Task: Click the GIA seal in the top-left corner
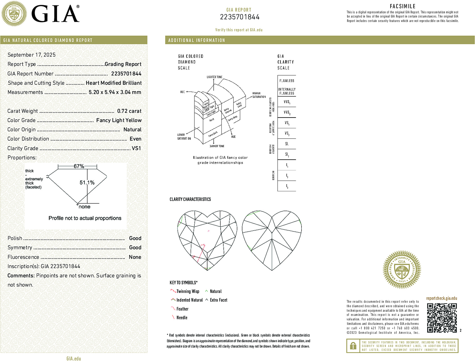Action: pyautogui.click(x=14, y=14)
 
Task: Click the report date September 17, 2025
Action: pyautogui.click(x=31, y=55)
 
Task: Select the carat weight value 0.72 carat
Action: pyautogui.click(x=129, y=111)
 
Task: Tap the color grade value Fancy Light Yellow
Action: pyautogui.click(x=119, y=120)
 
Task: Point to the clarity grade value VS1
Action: pyautogui.click(x=136, y=148)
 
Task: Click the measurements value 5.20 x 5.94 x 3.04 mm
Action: pyautogui.click(x=115, y=92)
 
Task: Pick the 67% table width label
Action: pyautogui.click(x=79, y=166)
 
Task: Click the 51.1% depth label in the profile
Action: pyautogui.click(x=87, y=183)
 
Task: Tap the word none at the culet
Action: pyautogui.click(x=84, y=207)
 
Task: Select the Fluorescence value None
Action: pyautogui.click(x=135, y=257)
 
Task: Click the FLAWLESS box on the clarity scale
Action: pyautogui.click(x=287, y=81)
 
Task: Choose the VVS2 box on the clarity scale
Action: pyautogui.click(x=287, y=112)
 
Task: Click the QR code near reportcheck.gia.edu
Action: pyautogui.click(x=442, y=318)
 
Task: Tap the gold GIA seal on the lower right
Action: pyautogui.click(x=402, y=270)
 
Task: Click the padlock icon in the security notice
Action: pyautogui.click(x=353, y=346)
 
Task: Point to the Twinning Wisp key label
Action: pyautogui.click(x=188, y=291)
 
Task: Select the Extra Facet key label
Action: pyautogui.click(x=218, y=300)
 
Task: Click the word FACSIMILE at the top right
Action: pyautogui.click(x=402, y=6)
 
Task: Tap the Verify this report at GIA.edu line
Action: pyautogui.click(x=239, y=30)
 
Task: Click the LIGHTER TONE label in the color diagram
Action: pyautogui.click(x=214, y=77)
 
